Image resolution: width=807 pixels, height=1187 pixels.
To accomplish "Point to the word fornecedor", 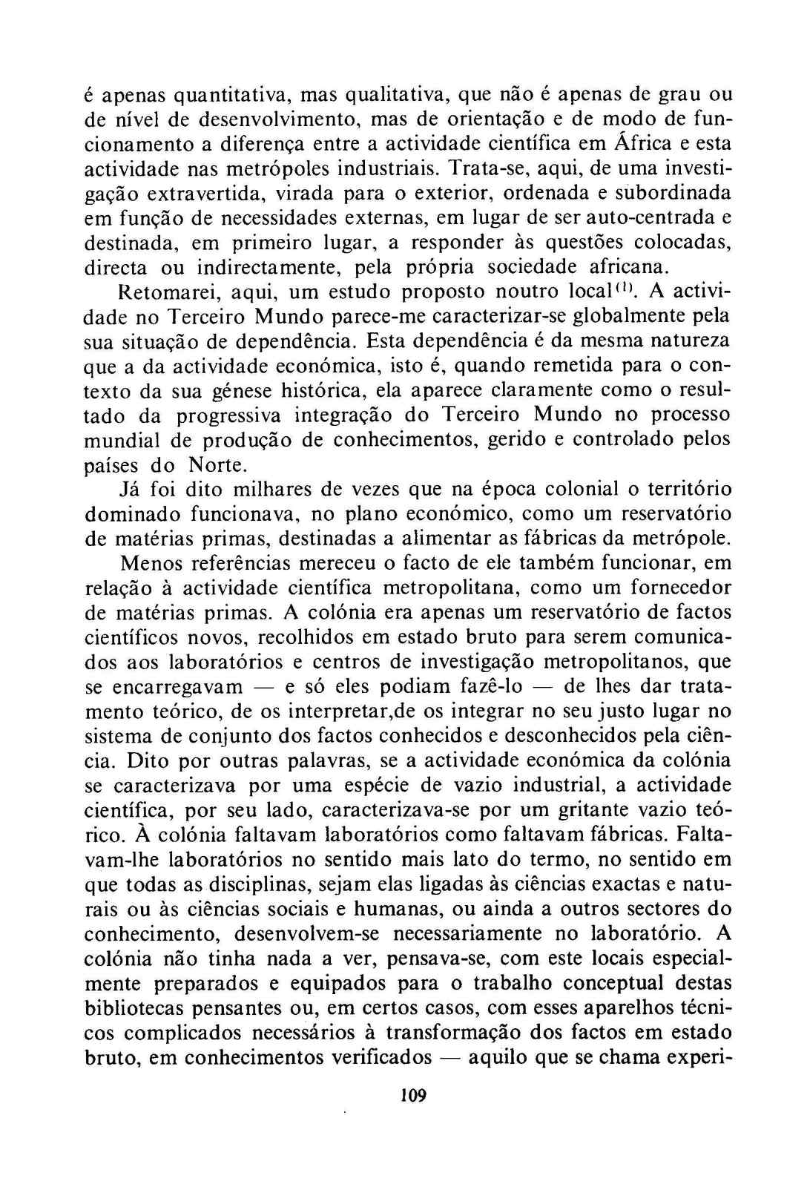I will (x=681, y=588).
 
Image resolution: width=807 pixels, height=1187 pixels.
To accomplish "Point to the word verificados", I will (x=382, y=1057).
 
